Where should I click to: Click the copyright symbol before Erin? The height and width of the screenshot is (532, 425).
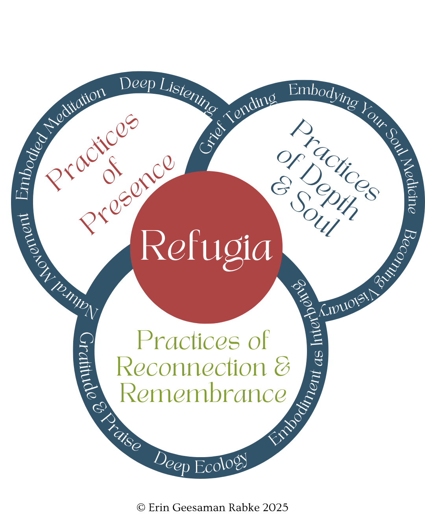click(141, 508)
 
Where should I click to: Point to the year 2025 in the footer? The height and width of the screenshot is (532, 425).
click(275, 508)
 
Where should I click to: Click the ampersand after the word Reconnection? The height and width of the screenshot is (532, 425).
click(282, 366)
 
